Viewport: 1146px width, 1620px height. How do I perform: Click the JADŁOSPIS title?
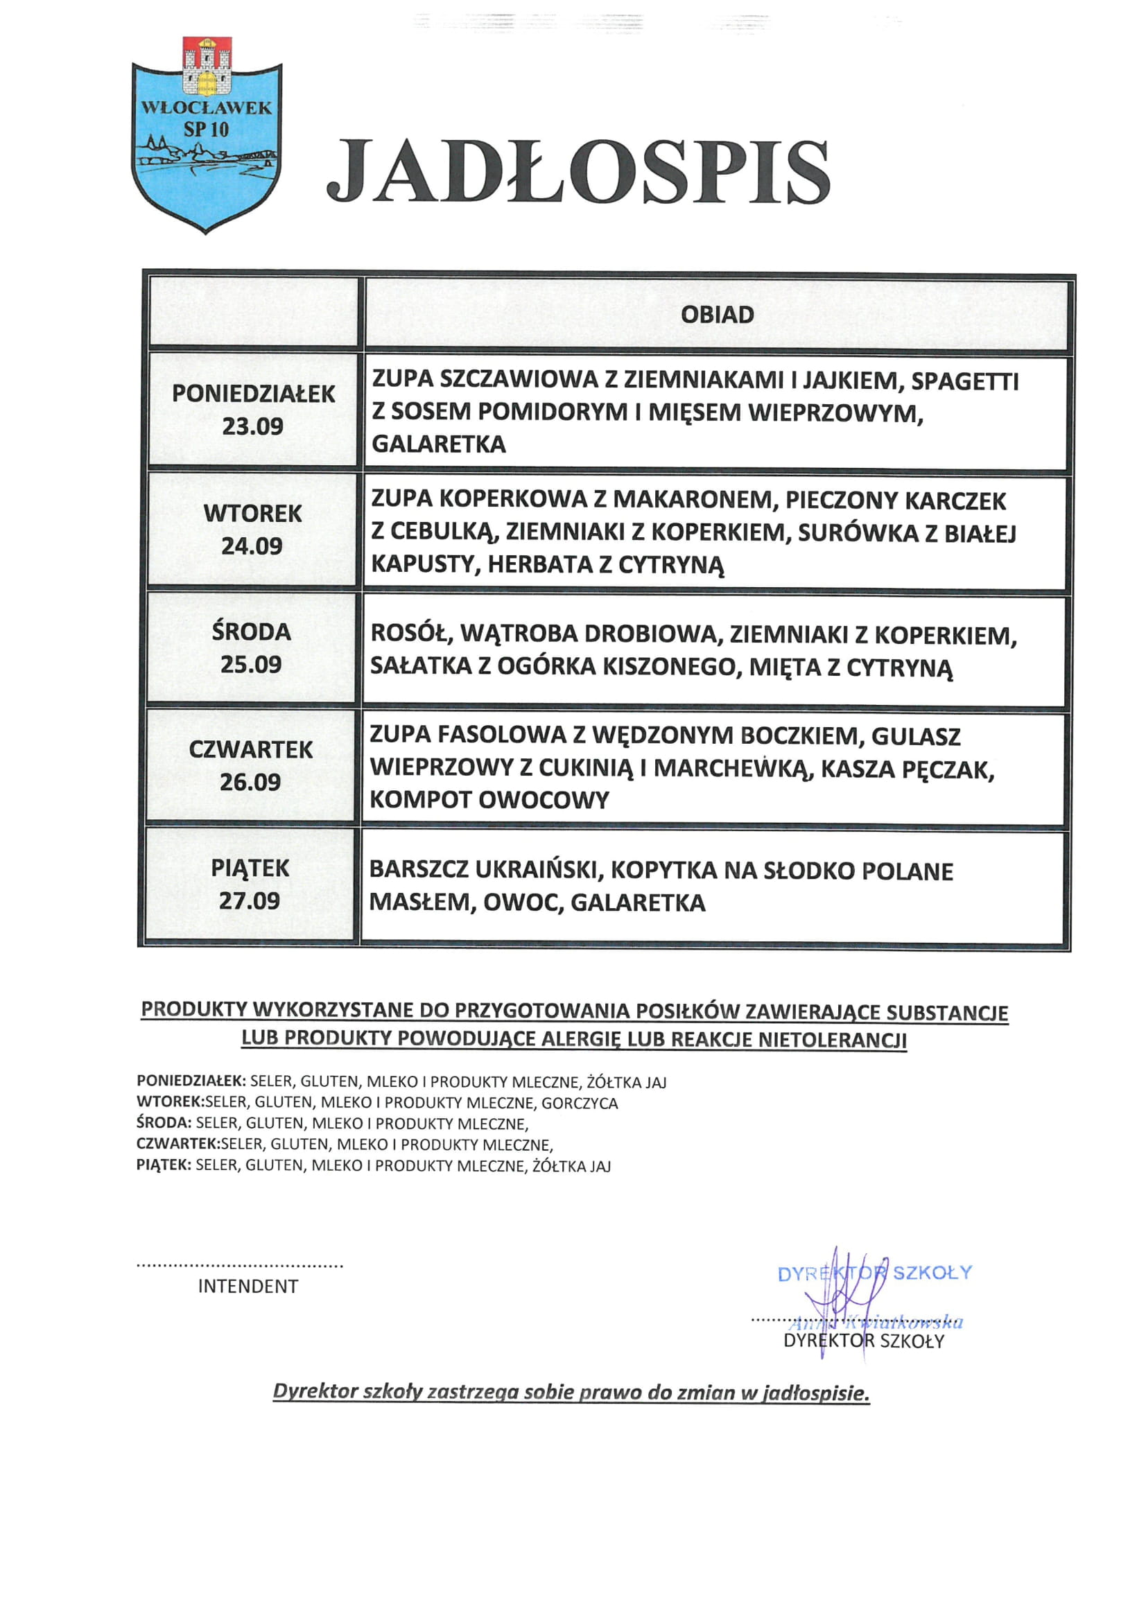click(x=578, y=172)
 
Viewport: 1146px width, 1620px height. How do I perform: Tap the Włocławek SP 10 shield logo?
click(x=207, y=137)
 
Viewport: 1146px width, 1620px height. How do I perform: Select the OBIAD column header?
click(x=717, y=315)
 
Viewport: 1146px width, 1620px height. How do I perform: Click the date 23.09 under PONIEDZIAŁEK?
click(x=252, y=426)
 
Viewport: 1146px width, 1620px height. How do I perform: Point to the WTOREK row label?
click(x=252, y=513)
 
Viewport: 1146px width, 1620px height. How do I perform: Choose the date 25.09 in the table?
click(x=251, y=664)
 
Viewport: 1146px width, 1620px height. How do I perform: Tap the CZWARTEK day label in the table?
click(x=250, y=749)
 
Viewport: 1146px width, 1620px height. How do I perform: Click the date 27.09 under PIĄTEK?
click(x=249, y=900)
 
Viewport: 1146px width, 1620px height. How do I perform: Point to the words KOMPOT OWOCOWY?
click(x=489, y=799)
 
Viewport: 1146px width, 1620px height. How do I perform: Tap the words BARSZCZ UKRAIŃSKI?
click(x=485, y=870)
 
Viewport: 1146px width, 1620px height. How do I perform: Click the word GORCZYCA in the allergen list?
click(x=580, y=1103)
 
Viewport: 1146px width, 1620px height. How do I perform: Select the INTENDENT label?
click(x=248, y=1287)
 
